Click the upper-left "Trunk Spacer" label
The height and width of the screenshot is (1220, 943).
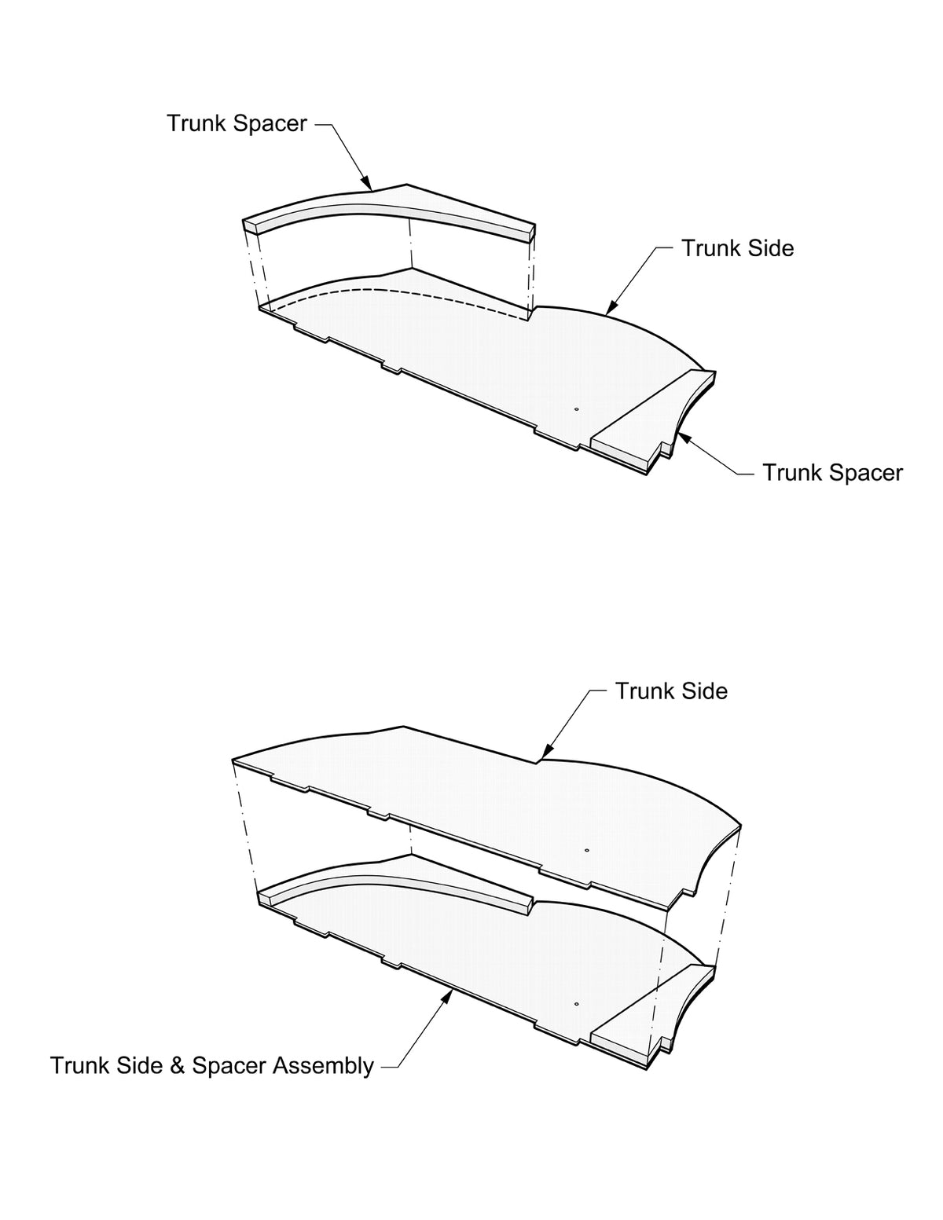(x=237, y=123)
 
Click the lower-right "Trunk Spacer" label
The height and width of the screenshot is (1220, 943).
(x=832, y=473)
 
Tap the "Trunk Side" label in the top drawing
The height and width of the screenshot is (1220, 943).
(x=737, y=248)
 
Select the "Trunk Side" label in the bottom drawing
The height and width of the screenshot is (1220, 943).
(x=671, y=691)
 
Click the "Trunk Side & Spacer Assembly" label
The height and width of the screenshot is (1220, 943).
(x=212, y=1066)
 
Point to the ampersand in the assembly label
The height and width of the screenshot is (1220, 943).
(x=178, y=1066)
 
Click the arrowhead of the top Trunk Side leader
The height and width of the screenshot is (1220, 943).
(x=610, y=312)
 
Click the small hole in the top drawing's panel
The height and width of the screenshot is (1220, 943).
(x=576, y=409)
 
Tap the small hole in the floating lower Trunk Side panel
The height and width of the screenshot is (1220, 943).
(x=586, y=849)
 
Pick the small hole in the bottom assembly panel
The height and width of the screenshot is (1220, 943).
(x=576, y=1004)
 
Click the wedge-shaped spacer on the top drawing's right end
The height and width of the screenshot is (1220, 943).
(x=652, y=424)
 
